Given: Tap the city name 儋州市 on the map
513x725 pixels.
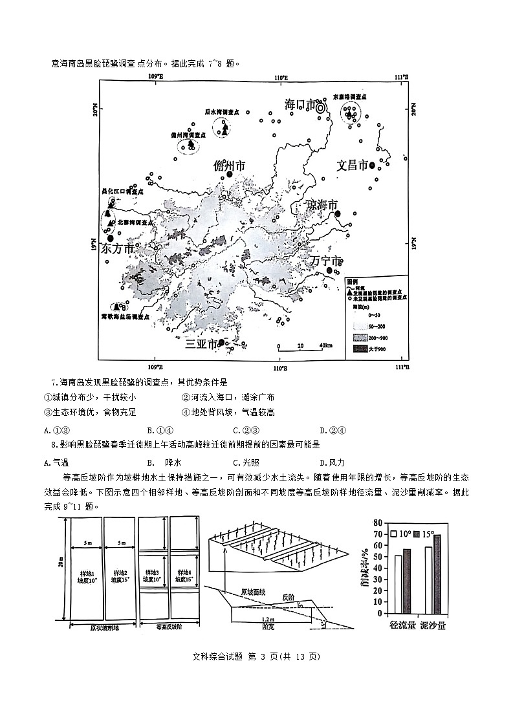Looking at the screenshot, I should [x=230, y=166].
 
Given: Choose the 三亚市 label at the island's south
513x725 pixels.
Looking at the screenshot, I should [x=201, y=344].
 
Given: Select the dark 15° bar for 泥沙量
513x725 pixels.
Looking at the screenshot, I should [x=437, y=574].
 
